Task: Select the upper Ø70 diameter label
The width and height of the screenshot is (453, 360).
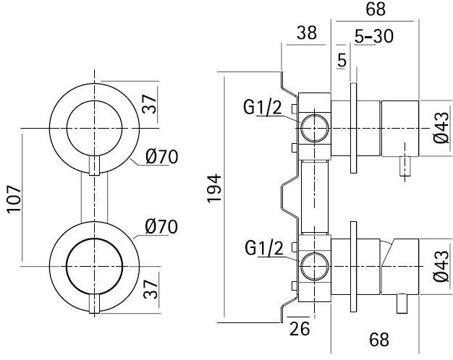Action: (x=161, y=156)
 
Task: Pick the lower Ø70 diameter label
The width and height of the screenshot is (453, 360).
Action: (x=161, y=226)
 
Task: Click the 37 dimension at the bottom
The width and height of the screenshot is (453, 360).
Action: (x=150, y=292)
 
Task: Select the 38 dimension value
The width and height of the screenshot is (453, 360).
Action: (x=306, y=34)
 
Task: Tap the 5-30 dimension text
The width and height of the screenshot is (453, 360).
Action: (x=374, y=35)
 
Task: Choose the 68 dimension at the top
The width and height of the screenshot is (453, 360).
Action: (x=376, y=10)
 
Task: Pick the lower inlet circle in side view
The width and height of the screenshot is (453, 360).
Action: (x=314, y=267)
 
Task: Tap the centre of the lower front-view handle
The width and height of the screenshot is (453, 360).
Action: (x=93, y=267)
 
